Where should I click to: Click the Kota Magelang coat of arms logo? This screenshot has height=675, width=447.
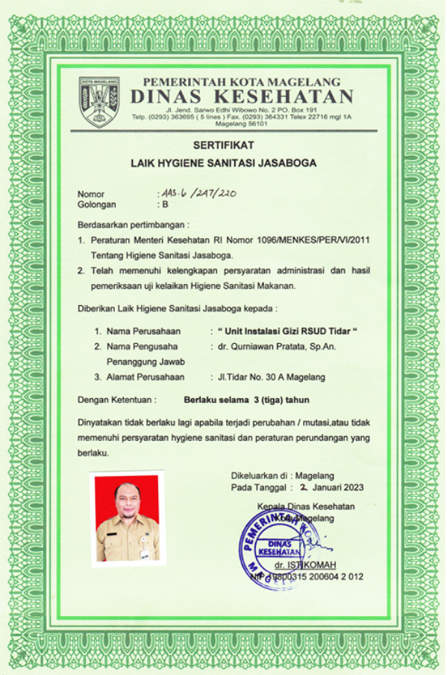pos(99,101)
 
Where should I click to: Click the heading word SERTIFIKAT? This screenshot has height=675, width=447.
pos(224,144)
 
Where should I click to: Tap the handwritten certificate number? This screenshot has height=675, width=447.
pos(198,192)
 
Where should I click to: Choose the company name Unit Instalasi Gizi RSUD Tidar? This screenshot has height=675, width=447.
pos(284,330)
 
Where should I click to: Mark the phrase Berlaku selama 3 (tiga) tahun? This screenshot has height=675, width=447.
pos(246,400)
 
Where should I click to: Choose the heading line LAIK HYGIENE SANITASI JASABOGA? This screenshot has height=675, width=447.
pos(223,162)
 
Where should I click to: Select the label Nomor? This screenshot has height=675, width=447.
pos(91,194)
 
